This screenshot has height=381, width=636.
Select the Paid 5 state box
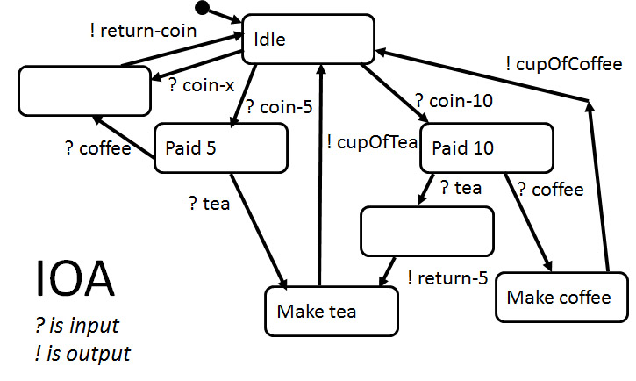(221, 147)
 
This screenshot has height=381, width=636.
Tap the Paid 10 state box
(486, 148)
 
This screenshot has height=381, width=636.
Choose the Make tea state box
(331, 309)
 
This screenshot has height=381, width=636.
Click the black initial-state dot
(202, 9)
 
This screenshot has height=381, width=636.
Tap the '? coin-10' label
(454, 101)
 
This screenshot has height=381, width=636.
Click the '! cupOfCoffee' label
(563, 65)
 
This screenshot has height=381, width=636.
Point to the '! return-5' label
(447, 279)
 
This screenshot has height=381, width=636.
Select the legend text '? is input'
(77, 327)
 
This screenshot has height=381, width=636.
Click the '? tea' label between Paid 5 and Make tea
(210, 204)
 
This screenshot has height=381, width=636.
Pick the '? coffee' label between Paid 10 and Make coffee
(550, 190)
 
